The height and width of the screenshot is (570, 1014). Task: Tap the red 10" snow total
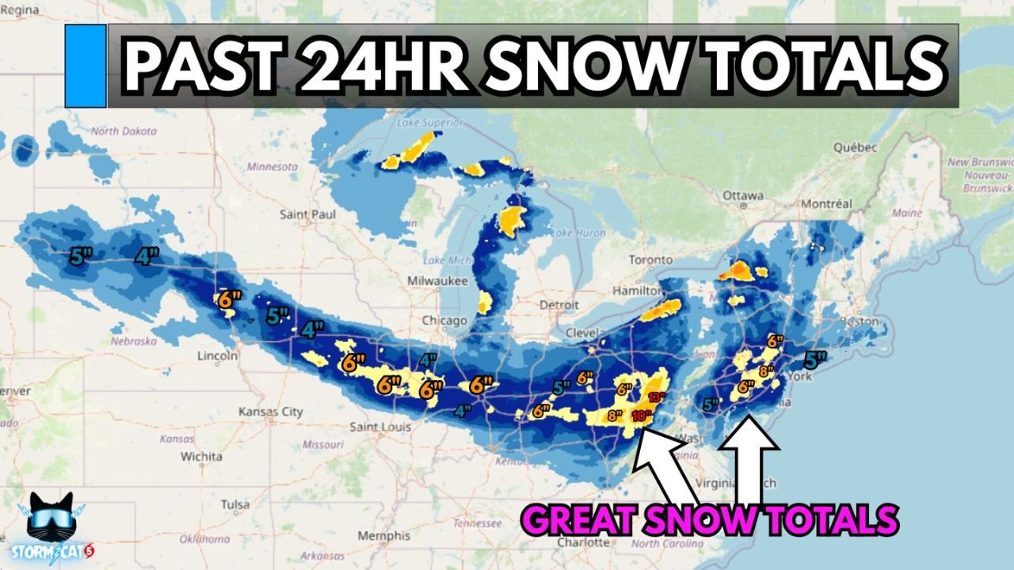[642, 416]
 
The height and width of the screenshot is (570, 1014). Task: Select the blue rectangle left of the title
[86, 66]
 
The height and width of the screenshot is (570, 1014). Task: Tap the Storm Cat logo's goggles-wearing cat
[51, 519]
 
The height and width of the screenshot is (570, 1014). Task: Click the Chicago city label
[444, 321]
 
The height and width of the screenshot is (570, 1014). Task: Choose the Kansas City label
[271, 412]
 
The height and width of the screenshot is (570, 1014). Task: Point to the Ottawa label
[741, 196]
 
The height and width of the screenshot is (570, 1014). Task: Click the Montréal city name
[826, 203]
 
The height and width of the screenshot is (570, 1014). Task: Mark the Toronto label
[650, 260]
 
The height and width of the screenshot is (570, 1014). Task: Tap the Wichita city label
[201, 456]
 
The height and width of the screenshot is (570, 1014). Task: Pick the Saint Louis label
[381, 427]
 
